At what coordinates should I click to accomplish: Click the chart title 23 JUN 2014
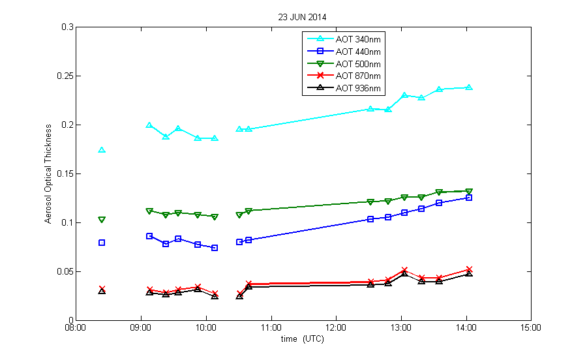301,17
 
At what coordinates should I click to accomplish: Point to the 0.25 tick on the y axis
64,76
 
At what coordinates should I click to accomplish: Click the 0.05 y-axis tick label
64,272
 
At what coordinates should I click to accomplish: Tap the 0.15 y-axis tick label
64,174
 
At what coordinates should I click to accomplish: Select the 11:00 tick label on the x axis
271,328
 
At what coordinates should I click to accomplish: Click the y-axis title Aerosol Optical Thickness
48,173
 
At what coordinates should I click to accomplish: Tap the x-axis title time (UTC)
302,339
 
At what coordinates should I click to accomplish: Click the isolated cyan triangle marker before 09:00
102,150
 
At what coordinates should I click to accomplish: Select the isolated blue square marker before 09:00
102,243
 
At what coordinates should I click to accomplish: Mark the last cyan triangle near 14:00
468,87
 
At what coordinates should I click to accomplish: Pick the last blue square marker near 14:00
468,198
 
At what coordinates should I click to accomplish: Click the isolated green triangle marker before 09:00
102,220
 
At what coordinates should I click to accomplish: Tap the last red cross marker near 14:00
468,269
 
